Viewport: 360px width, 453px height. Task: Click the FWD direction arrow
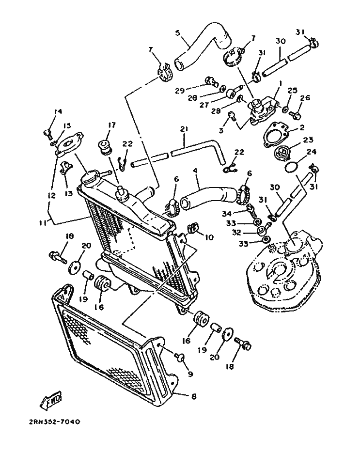click(x=50, y=401)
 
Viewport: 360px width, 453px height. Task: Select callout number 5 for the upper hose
click(x=177, y=33)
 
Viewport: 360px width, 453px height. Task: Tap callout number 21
click(x=184, y=130)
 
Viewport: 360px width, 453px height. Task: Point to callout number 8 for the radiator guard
click(x=193, y=396)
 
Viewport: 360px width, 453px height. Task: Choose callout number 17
click(x=111, y=125)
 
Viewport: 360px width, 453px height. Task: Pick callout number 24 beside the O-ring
click(x=311, y=152)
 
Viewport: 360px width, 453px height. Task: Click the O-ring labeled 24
click(x=290, y=167)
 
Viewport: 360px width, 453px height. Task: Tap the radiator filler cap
click(x=90, y=177)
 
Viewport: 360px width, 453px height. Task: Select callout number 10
click(x=209, y=237)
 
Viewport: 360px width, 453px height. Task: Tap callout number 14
click(x=58, y=112)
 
